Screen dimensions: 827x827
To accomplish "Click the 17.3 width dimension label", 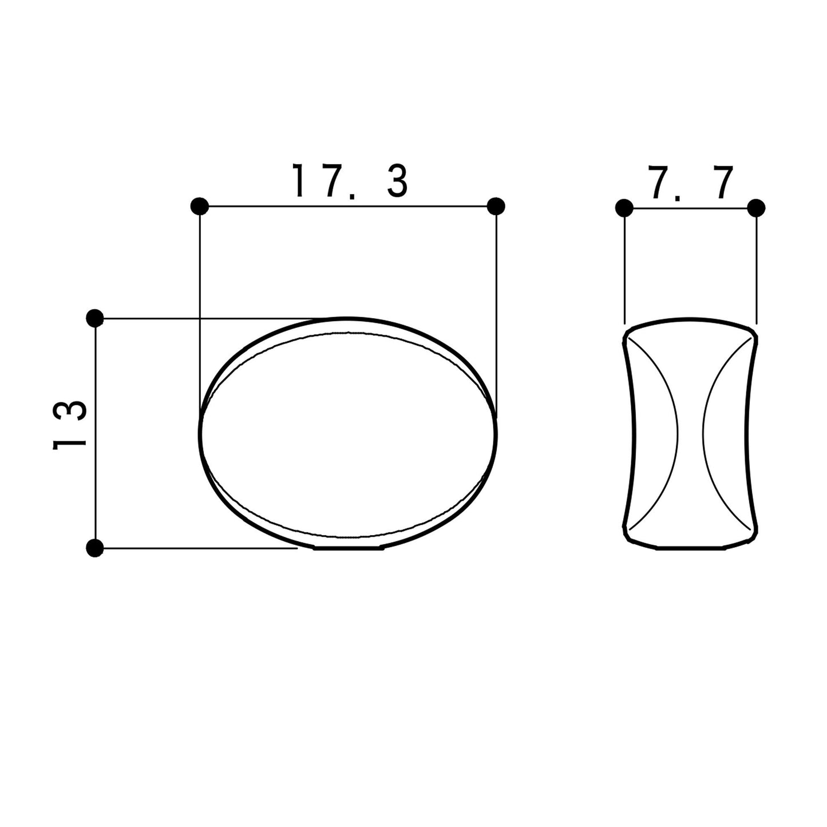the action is coord(350,181).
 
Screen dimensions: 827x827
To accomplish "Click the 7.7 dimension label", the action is coord(691,183).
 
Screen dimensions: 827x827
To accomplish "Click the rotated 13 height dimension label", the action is coord(69,425).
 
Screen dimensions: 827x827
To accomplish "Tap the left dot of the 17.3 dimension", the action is coord(200,207).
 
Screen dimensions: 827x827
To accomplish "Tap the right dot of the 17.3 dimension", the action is coord(496,207).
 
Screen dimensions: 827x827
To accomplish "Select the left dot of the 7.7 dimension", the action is coord(624,208).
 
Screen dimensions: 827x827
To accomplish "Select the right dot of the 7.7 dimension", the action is coord(756,208).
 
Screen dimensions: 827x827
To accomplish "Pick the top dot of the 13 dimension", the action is coord(95,318).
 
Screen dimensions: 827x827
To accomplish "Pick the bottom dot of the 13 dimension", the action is coord(95,548).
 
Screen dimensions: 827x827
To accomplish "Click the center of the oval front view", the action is coord(349,433).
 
